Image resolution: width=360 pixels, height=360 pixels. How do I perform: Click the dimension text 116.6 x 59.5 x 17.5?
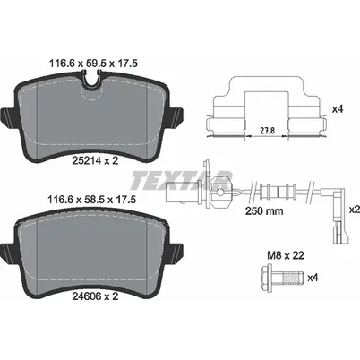click(93, 64)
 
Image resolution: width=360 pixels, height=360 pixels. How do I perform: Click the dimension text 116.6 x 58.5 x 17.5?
click(92, 200)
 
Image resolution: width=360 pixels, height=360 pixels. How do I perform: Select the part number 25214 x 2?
click(95, 160)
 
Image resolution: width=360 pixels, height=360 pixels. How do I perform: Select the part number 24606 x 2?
click(95, 296)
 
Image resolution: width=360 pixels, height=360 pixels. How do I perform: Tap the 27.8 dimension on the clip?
click(267, 130)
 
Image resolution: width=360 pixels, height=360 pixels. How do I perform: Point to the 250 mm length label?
click(264, 211)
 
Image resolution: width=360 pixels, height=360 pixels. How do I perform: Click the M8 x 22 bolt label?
click(286, 255)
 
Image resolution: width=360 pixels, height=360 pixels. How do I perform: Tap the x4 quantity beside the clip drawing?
click(338, 109)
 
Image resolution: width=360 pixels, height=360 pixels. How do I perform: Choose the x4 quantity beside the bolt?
click(313, 278)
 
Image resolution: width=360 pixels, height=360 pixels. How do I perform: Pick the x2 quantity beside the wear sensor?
click(355, 210)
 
